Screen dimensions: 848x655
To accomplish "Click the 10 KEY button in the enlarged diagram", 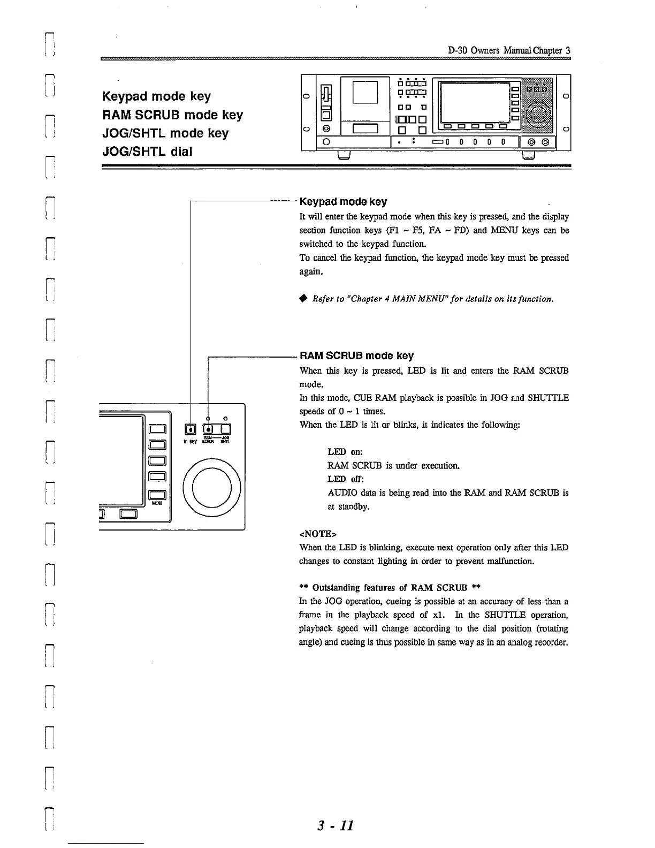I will pyautogui.click(x=191, y=429).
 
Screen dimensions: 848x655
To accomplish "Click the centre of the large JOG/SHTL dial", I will pyautogui.click(x=211, y=488).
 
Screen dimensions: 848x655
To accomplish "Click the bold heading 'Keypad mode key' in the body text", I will pyautogui.click(x=343, y=202).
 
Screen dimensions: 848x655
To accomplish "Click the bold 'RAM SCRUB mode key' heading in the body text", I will pyautogui.click(x=356, y=356).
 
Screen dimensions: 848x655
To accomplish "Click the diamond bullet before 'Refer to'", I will pyautogui.click(x=303, y=298).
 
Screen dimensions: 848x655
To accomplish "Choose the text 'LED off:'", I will pyautogui.click(x=346, y=479).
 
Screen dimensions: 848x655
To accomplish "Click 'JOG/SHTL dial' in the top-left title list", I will pyautogui.click(x=147, y=152).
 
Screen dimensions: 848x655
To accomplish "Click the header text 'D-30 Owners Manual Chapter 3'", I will pyautogui.click(x=509, y=50).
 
